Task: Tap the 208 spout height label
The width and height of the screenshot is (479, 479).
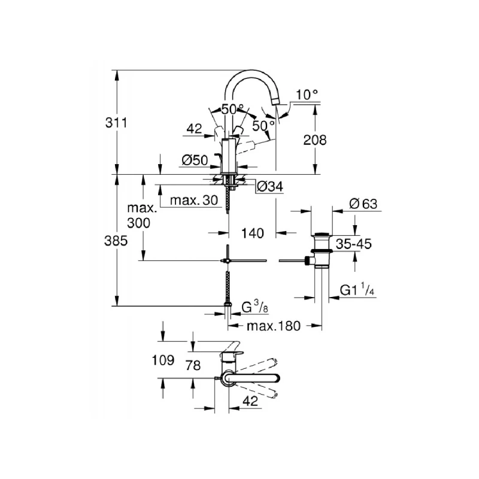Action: click(316, 140)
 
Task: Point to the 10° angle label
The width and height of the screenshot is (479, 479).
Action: click(307, 94)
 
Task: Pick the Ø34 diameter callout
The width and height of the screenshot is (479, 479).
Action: click(269, 187)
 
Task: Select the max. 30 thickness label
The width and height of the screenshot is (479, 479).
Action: click(193, 200)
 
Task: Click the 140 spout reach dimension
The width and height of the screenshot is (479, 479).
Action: click(253, 234)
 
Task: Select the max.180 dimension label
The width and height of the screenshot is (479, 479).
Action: click(273, 326)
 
